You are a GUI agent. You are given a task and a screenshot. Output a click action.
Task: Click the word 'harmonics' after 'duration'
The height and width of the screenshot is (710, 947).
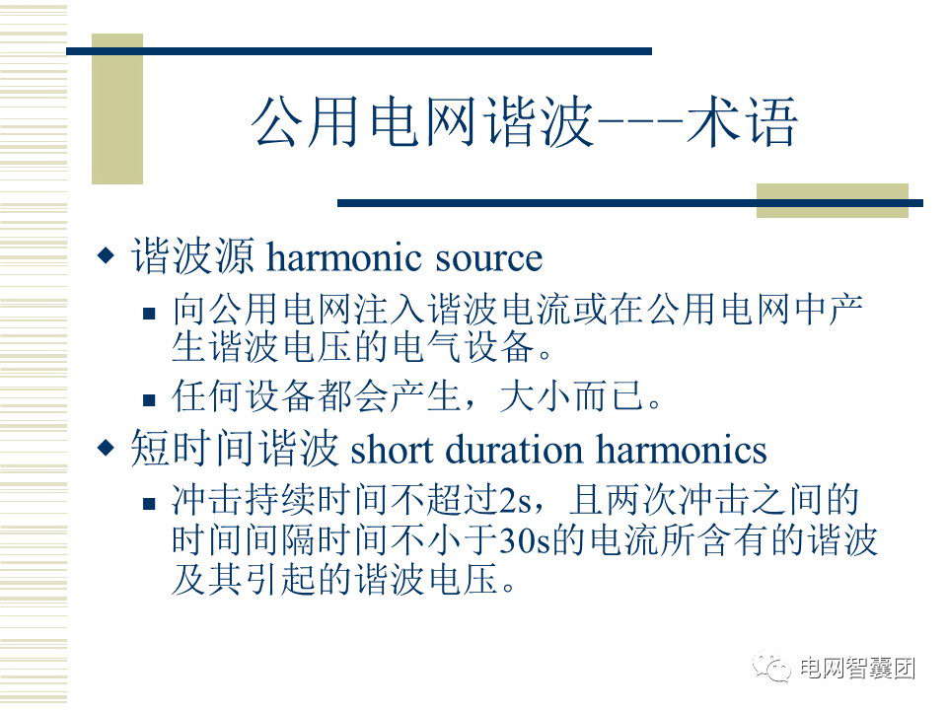click(x=682, y=450)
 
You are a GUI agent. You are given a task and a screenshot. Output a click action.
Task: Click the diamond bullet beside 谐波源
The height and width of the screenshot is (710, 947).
click(x=106, y=255)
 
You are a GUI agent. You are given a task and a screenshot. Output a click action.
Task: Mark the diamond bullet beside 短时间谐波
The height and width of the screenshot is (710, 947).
click(x=106, y=448)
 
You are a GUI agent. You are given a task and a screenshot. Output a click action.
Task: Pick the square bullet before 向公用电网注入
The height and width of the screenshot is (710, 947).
click(x=149, y=313)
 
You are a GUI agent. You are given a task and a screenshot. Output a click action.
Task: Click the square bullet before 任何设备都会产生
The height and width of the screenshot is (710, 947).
click(x=149, y=399)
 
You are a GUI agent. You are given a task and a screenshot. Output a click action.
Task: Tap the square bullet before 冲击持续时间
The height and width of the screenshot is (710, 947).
click(x=149, y=504)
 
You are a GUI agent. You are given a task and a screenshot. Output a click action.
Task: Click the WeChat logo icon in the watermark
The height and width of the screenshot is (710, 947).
click(x=771, y=668)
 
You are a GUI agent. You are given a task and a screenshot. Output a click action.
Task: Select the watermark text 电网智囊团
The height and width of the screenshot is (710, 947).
click(x=857, y=669)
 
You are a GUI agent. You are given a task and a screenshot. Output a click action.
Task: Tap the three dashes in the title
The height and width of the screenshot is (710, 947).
click(x=640, y=122)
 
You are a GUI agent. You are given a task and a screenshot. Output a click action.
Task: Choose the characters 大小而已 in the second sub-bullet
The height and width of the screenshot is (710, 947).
click(x=571, y=396)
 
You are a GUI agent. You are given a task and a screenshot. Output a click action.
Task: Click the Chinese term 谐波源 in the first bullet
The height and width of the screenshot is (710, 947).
click(x=193, y=256)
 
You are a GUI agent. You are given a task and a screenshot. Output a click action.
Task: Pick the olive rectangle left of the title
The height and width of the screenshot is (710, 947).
click(x=117, y=108)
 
